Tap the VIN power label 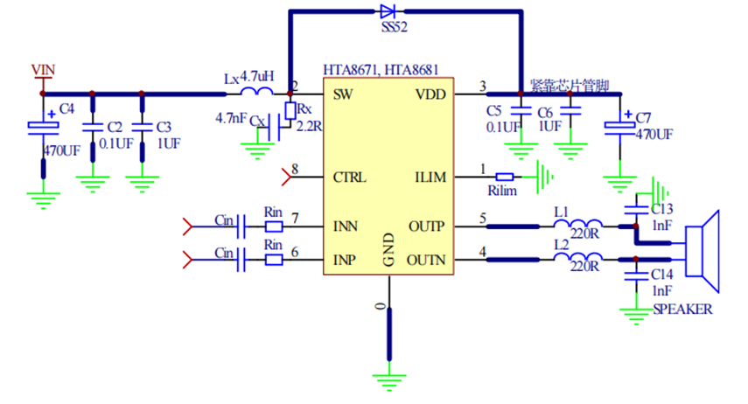point(43,68)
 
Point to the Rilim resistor point(504,176)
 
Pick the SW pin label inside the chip point(343,93)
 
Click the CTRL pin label point(350,177)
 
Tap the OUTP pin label point(427,226)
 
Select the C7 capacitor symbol point(622,128)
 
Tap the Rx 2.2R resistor point(290,111)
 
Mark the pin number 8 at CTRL point(295,170)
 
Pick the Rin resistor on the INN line point(274,226)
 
